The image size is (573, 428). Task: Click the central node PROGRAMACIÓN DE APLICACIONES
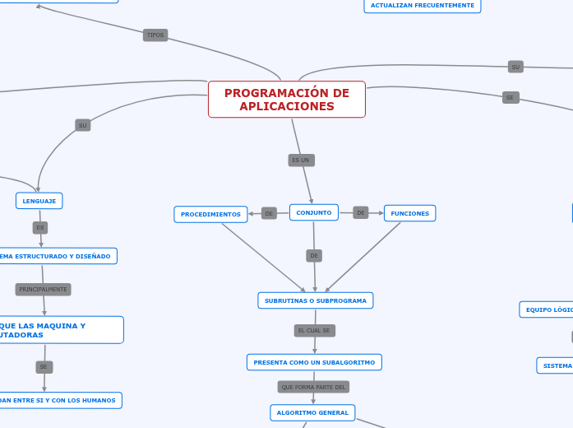coord(286,100)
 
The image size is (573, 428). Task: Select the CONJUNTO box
coord(314,212)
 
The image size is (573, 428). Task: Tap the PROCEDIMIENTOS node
coord(210,214)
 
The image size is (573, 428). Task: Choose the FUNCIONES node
coord(409,213)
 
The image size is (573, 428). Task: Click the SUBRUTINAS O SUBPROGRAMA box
coord(316,300)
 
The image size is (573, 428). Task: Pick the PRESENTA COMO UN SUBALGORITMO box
coord(314,362)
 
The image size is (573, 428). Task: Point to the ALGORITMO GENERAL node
coord(312,412)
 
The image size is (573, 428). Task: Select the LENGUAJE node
coord(39,200)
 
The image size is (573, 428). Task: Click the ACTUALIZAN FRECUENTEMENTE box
coord(422,6)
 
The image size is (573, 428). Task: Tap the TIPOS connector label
coord(155,35)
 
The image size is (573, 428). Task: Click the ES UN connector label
coord(301,160)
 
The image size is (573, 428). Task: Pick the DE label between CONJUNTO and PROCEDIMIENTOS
coord(269,213)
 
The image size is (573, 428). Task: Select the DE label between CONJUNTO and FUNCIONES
coord(361,212)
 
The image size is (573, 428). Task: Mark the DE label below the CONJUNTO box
coord(314,256)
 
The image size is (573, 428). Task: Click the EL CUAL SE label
coord(314,330)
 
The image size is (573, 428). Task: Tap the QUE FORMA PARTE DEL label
coord(313,387)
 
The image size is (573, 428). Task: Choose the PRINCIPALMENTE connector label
coord(43,290)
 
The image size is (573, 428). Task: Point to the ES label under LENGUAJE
coord(40,227)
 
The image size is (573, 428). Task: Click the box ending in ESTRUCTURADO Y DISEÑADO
coord(58,256)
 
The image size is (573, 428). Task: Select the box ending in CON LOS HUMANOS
coord(59,400)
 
